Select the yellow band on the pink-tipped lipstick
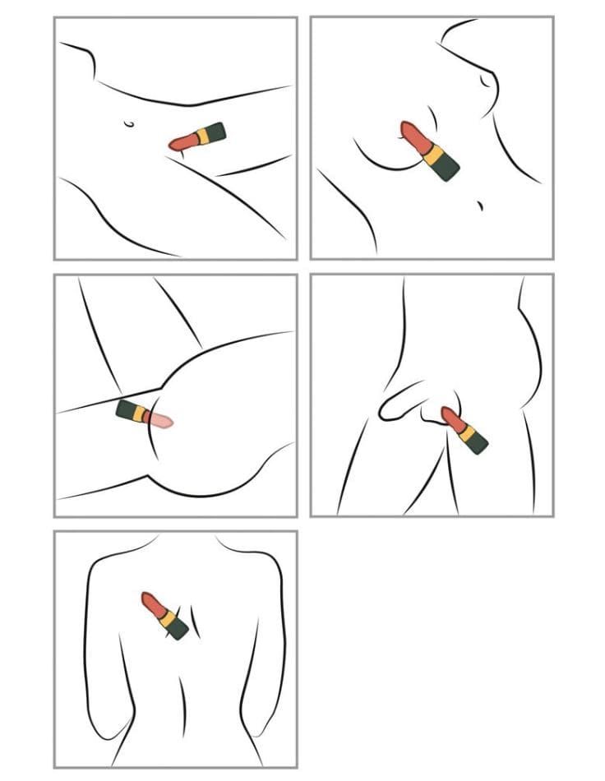tap(141, 414)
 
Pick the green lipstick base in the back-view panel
tap(177, 628)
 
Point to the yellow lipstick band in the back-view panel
tap(166, 617)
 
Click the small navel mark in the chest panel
tap(480, 205)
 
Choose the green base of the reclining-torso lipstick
tap(213, 132)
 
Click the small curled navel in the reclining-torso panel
tap(128, 124)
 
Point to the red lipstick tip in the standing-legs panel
tap(450, 417)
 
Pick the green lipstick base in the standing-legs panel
tap(476, 441)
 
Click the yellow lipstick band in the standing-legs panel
tap(465, 431)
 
